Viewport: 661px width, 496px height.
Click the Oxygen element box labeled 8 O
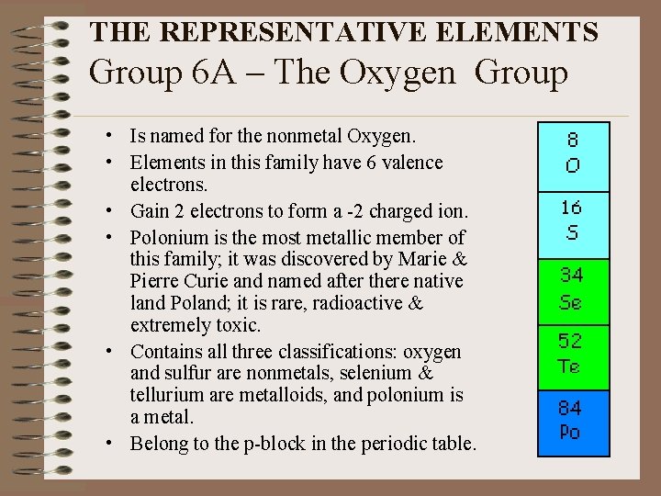(572, 152)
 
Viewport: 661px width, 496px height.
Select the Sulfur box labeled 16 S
(572, 219)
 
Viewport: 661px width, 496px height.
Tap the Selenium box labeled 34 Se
(572, 287)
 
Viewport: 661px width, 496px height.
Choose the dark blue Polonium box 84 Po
(572, 419)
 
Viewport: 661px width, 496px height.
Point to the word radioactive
(348, 303)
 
